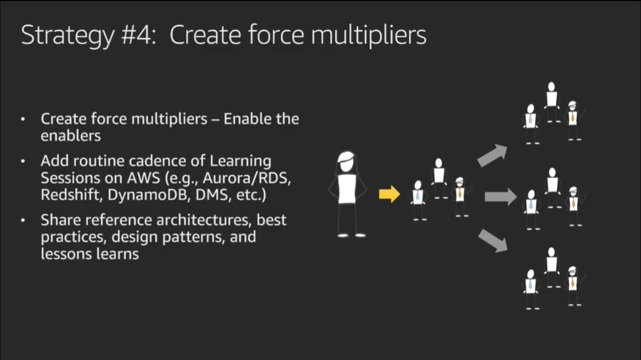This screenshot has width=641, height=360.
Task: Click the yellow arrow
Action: [x=390, y=194]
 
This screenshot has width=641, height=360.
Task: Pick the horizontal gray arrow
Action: [x=500, y=196]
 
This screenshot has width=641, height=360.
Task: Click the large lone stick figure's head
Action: [x=346, y=162]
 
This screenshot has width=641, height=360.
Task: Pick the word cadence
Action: [x=149, y=160]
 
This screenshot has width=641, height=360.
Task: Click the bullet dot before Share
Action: [x=24, y=220]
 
